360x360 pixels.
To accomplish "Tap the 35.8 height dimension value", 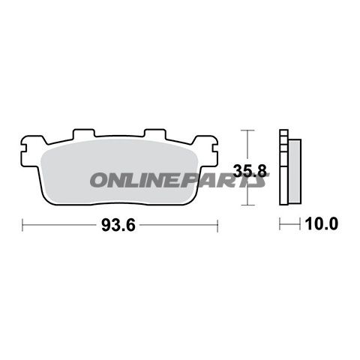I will coord(250,170).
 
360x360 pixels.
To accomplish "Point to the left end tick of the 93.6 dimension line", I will coord(23,223).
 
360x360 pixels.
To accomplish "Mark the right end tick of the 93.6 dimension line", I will coord(217,223).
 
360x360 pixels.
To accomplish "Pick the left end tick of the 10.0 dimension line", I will coord(280,223).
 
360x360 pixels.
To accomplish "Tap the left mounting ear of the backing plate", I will coord(32,145).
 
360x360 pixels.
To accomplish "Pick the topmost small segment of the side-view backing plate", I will coord(283,133).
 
